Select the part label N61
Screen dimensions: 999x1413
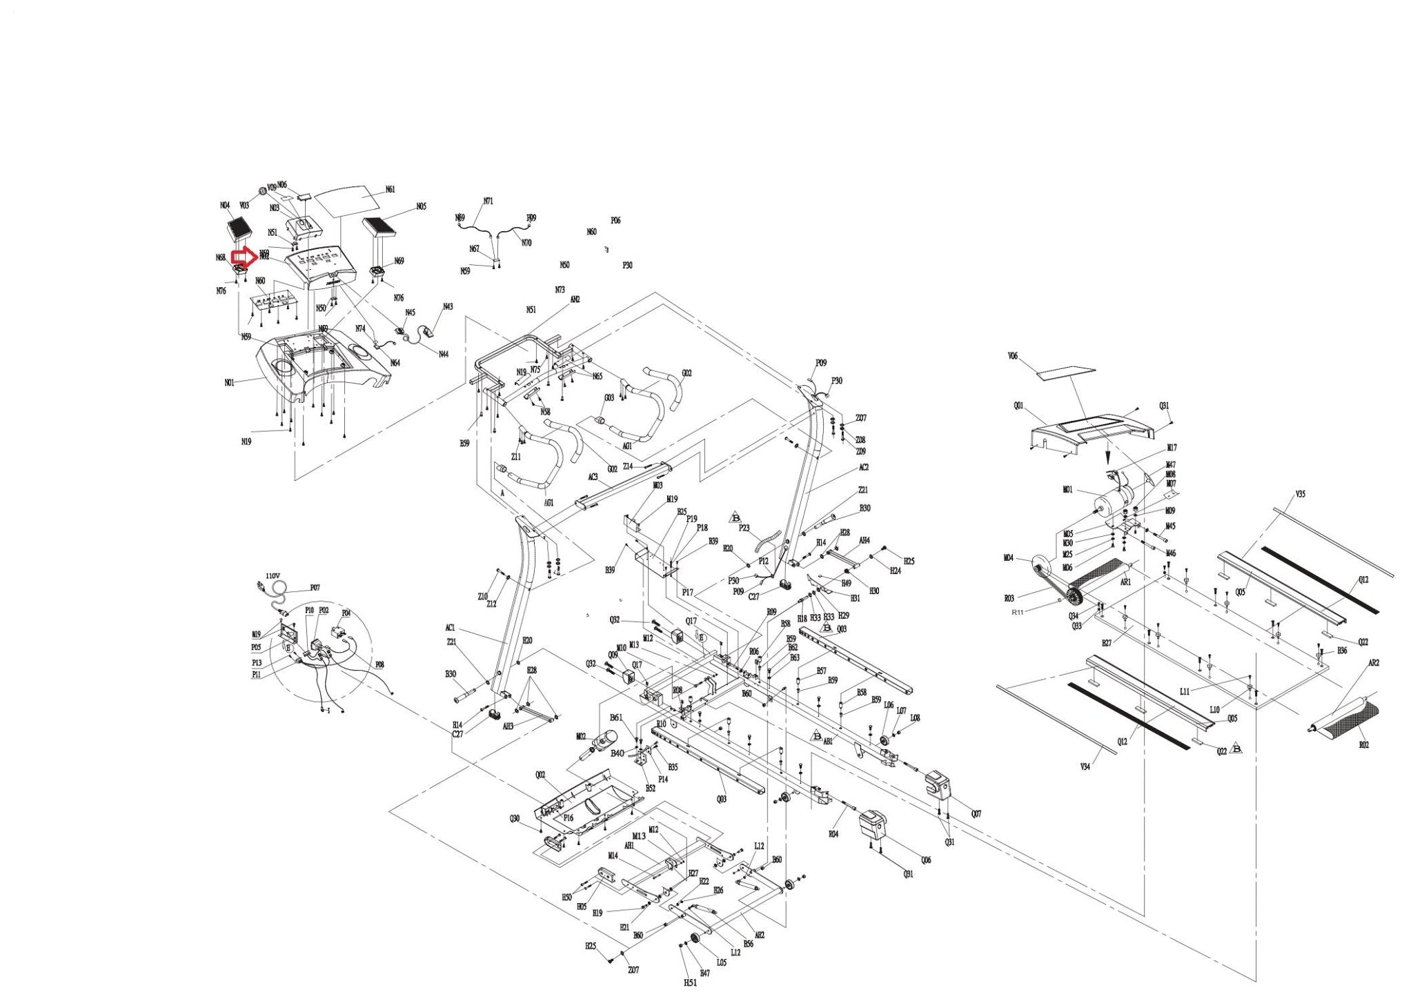[x=390, y=190]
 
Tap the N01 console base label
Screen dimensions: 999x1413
[x=229, y=382]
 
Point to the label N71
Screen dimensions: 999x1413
[x=488, y=201]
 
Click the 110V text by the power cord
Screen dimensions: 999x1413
[x=273, y=575]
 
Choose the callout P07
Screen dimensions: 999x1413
[x=315, y=588]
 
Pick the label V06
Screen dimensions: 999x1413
[x=1012, y=357]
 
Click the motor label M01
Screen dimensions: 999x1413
[x=1067, y=490]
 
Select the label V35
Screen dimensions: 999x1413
[x=1300, y=494]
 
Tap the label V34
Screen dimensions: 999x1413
[x=1085, y=766]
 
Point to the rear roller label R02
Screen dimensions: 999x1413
[x=1363, y=745]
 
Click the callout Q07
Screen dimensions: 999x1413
[x=976, y=814]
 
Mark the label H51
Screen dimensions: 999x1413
[x=690, y=982]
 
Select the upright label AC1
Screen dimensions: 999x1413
[x=451, y=628]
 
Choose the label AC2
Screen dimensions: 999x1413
[x=863, y=467]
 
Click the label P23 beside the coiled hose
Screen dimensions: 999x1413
[x=744, y=528]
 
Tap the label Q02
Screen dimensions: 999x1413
[x=540, y=775]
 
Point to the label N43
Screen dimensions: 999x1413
[x=448, y=306]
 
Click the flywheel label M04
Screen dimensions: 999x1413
[x=1008, y=558]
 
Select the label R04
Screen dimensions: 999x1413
[x=833, y=833]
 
